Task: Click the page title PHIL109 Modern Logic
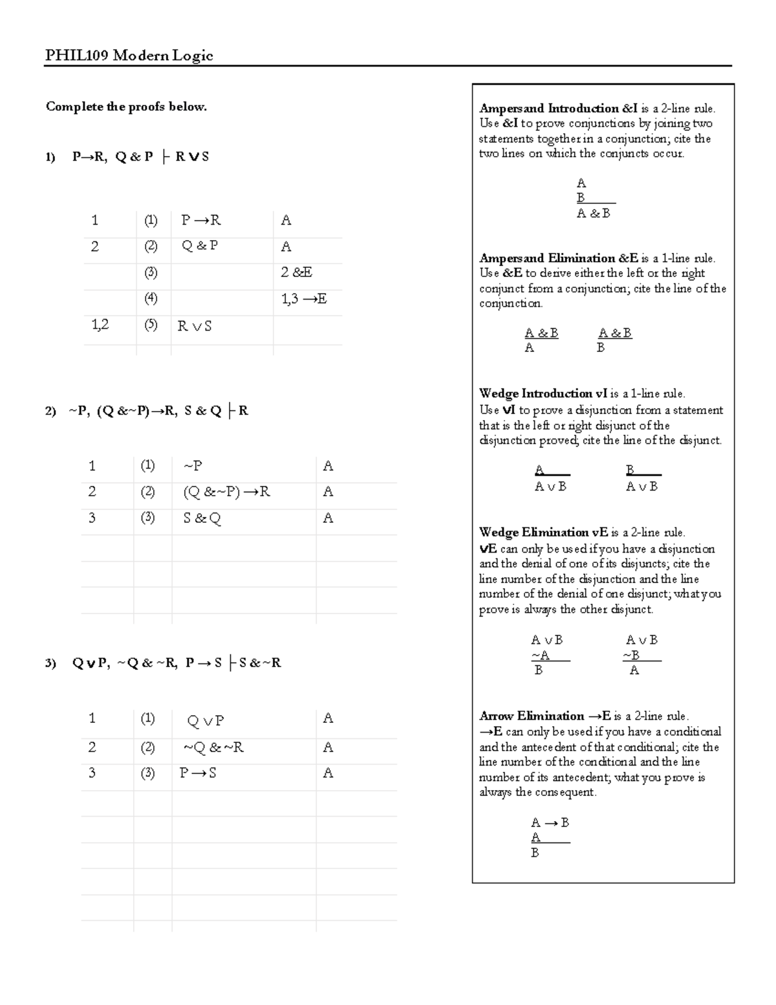[x=129, y=56]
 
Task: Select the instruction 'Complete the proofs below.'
[x=126, y=107]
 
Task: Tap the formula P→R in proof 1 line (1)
[x=201, y=221]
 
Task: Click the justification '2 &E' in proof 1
[x=296, y=272]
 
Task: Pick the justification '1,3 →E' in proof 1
[x=303, y=298]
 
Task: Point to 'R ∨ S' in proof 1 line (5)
[x=195, y=326]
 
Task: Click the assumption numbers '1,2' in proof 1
[x=100, y=325]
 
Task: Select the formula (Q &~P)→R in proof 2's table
[x=226, y=492]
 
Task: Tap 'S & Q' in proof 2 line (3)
[x=202, y=518]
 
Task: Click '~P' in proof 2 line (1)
[x=193, y=466]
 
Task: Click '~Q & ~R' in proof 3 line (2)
[x=213, y=747]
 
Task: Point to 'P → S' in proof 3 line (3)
[x=198, y=773]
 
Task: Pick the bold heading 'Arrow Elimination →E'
[x=545, y=716]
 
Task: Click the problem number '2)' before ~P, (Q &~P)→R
[x=51, y=411]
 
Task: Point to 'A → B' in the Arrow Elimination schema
[x=550, y=823]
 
